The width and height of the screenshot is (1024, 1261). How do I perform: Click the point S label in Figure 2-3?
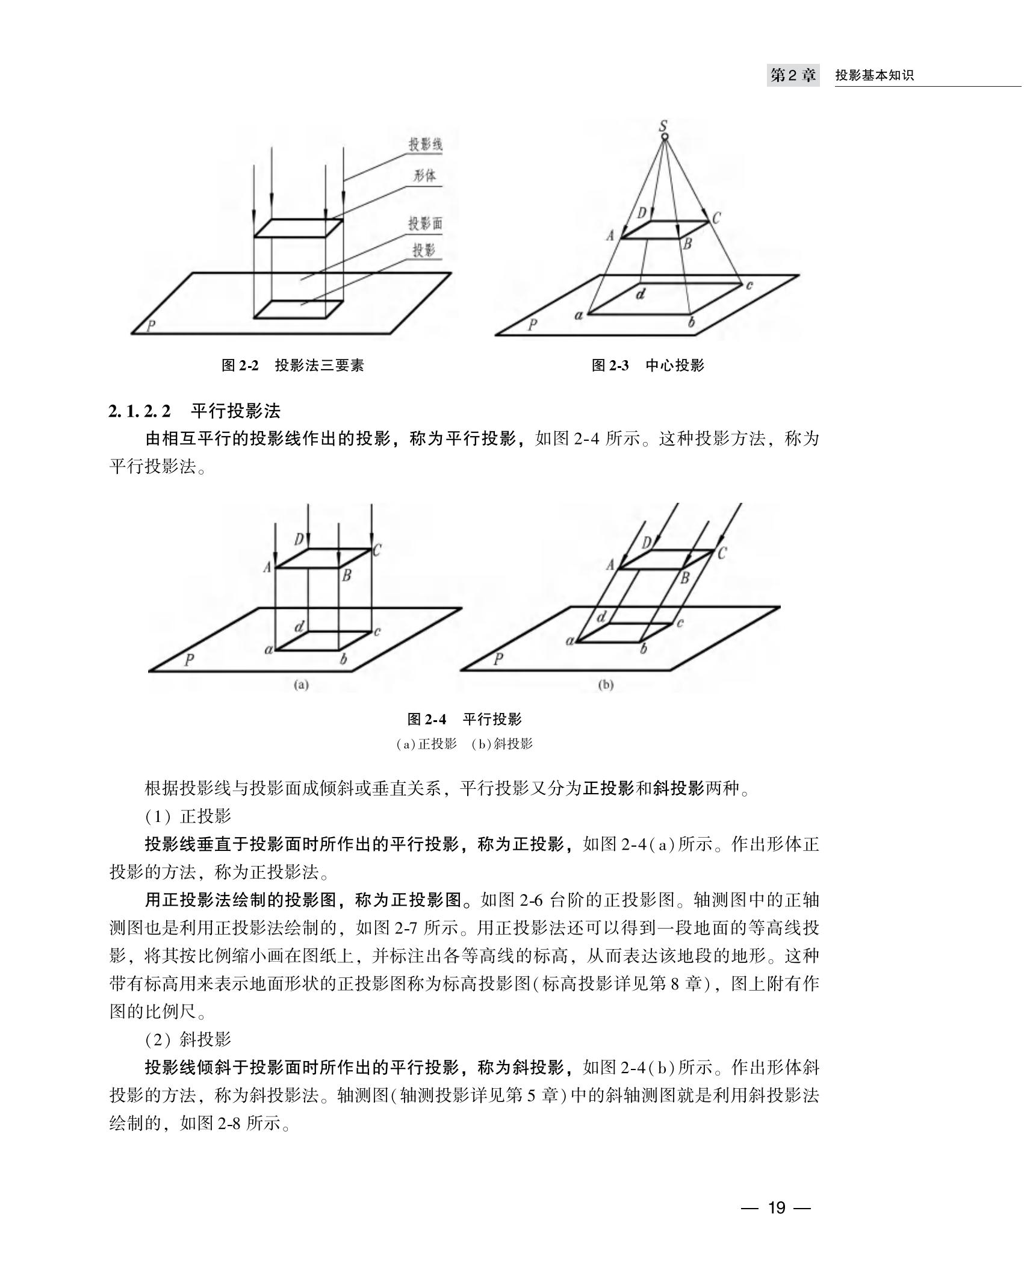663,126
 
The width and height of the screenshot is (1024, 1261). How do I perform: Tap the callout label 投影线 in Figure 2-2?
426,145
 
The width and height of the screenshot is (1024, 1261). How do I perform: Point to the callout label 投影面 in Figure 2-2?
426,224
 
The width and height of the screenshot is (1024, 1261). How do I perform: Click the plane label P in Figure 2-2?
152,326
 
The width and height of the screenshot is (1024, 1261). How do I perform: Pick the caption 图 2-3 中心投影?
648,365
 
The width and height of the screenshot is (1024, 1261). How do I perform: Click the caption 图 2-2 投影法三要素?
293,365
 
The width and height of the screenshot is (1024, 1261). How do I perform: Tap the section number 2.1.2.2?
140,411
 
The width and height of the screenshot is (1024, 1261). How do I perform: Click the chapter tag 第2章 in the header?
793,76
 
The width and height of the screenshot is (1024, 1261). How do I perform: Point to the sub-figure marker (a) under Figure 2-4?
300,685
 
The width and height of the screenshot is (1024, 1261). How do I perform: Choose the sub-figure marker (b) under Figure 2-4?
606,685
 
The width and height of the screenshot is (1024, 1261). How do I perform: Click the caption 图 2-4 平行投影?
465,719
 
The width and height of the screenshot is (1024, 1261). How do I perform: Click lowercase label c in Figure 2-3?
749,285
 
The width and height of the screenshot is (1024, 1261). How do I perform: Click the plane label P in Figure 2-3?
532,326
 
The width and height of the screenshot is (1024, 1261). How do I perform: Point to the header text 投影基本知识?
874,76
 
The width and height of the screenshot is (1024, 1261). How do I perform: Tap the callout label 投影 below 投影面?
424,251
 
